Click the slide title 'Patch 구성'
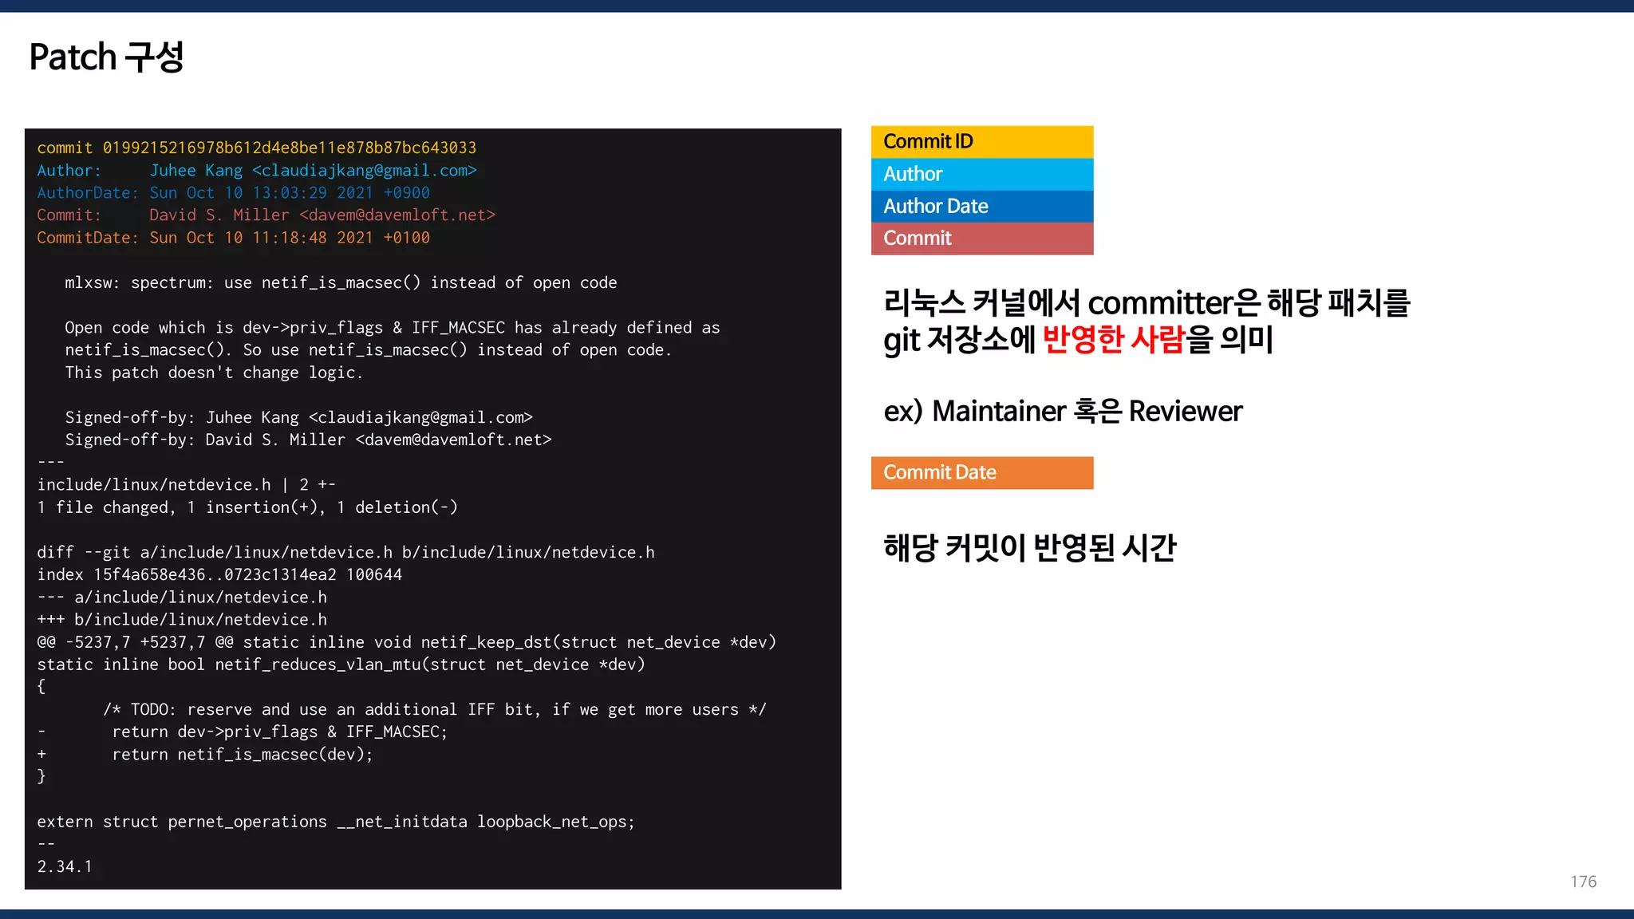pos(106,57)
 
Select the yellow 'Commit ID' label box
pos(981,142)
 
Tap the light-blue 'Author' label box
pos(981,174)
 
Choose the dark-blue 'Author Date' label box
pos(981,207)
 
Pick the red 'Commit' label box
pos(981,239)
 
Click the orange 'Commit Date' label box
pos(981,473)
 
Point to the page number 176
pos(1583,882)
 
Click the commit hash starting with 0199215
pos(289,148)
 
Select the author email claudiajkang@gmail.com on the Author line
pos(364,171)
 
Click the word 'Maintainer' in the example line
pos(998,412)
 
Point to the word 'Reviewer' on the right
pos(1185,412)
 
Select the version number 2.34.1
pos(65,866)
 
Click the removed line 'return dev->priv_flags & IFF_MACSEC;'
pos(279,732)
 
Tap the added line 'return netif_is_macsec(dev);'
pos(242,755)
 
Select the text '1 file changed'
pos(103,507)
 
